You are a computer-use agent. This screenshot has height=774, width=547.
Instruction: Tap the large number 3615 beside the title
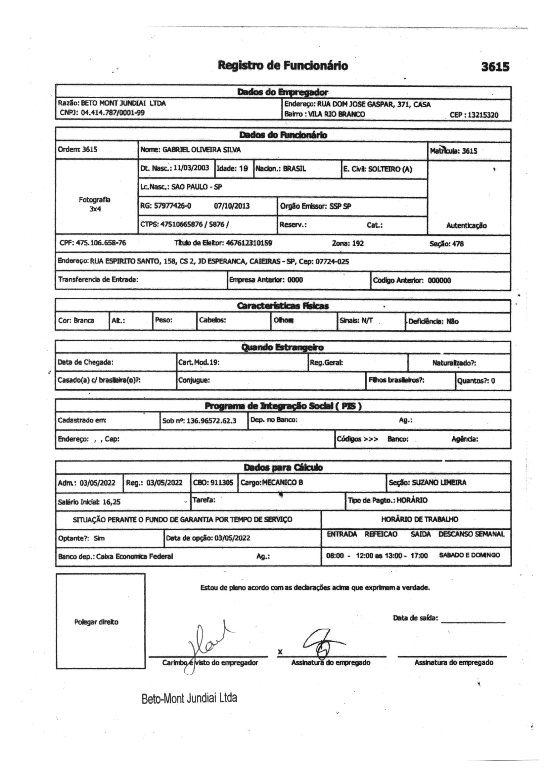coord(495,67)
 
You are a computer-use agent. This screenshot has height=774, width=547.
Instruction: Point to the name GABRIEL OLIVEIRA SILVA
coord(202,150)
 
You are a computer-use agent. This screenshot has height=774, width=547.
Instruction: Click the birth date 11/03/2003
coord(191,168)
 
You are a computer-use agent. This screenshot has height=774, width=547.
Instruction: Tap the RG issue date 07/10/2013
coord(232,206)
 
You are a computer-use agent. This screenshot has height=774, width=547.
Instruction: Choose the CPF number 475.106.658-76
coord(101,243)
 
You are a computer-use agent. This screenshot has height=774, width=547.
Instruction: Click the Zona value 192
coord(358,243)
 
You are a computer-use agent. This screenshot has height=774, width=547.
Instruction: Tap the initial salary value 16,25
coord(112,502)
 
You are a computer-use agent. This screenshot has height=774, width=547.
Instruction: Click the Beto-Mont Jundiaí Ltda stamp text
coord(189,698)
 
